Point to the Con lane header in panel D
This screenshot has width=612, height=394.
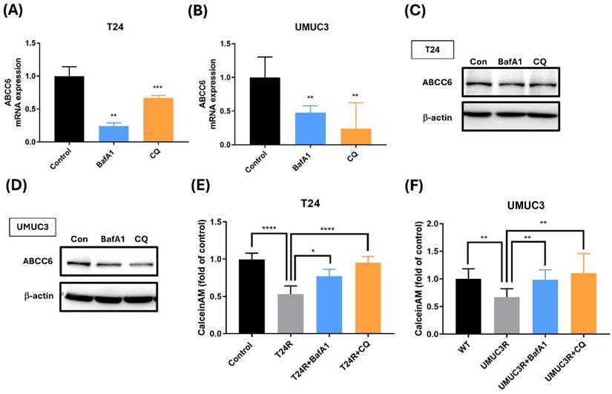80,239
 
